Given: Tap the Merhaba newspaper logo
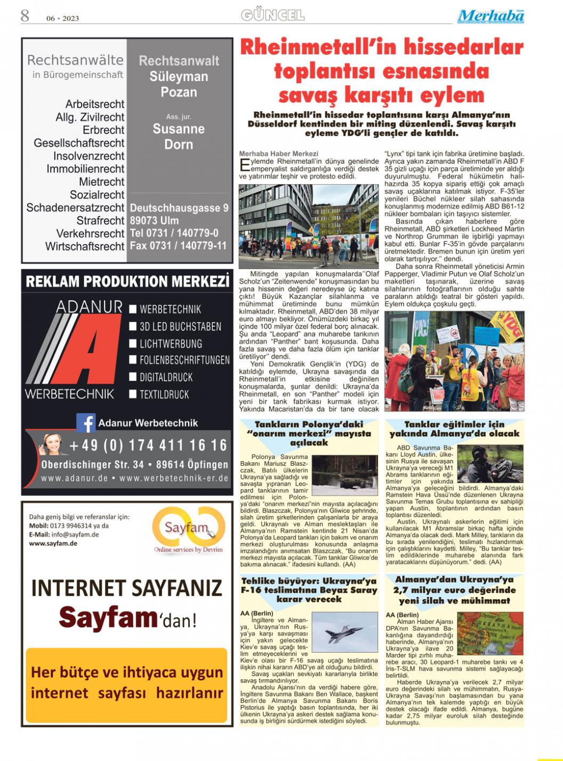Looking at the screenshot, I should tap(490, 16).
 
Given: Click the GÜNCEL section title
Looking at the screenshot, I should tap(272, 15).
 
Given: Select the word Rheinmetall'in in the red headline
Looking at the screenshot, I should tap(315, 47).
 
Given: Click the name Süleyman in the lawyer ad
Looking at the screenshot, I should tap(179, 76).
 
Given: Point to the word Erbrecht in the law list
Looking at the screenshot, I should tap(103, 130).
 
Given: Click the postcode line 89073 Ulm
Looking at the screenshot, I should tap(155, 220).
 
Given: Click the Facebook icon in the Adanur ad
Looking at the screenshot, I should tap(85, 423).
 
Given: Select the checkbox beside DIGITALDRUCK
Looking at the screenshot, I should tap(133, 377).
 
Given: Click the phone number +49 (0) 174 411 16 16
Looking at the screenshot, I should tap(148, 445).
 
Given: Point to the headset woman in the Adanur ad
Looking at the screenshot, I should tap(53, 444).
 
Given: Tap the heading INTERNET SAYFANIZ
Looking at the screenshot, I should tap(126, 588).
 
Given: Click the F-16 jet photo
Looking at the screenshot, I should tap(344, 633).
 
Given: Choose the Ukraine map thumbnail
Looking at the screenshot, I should tap(490, 633).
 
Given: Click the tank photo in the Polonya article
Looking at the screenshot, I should tap(344, 474).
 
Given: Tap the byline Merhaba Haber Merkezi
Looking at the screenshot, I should tap(278, 154).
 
